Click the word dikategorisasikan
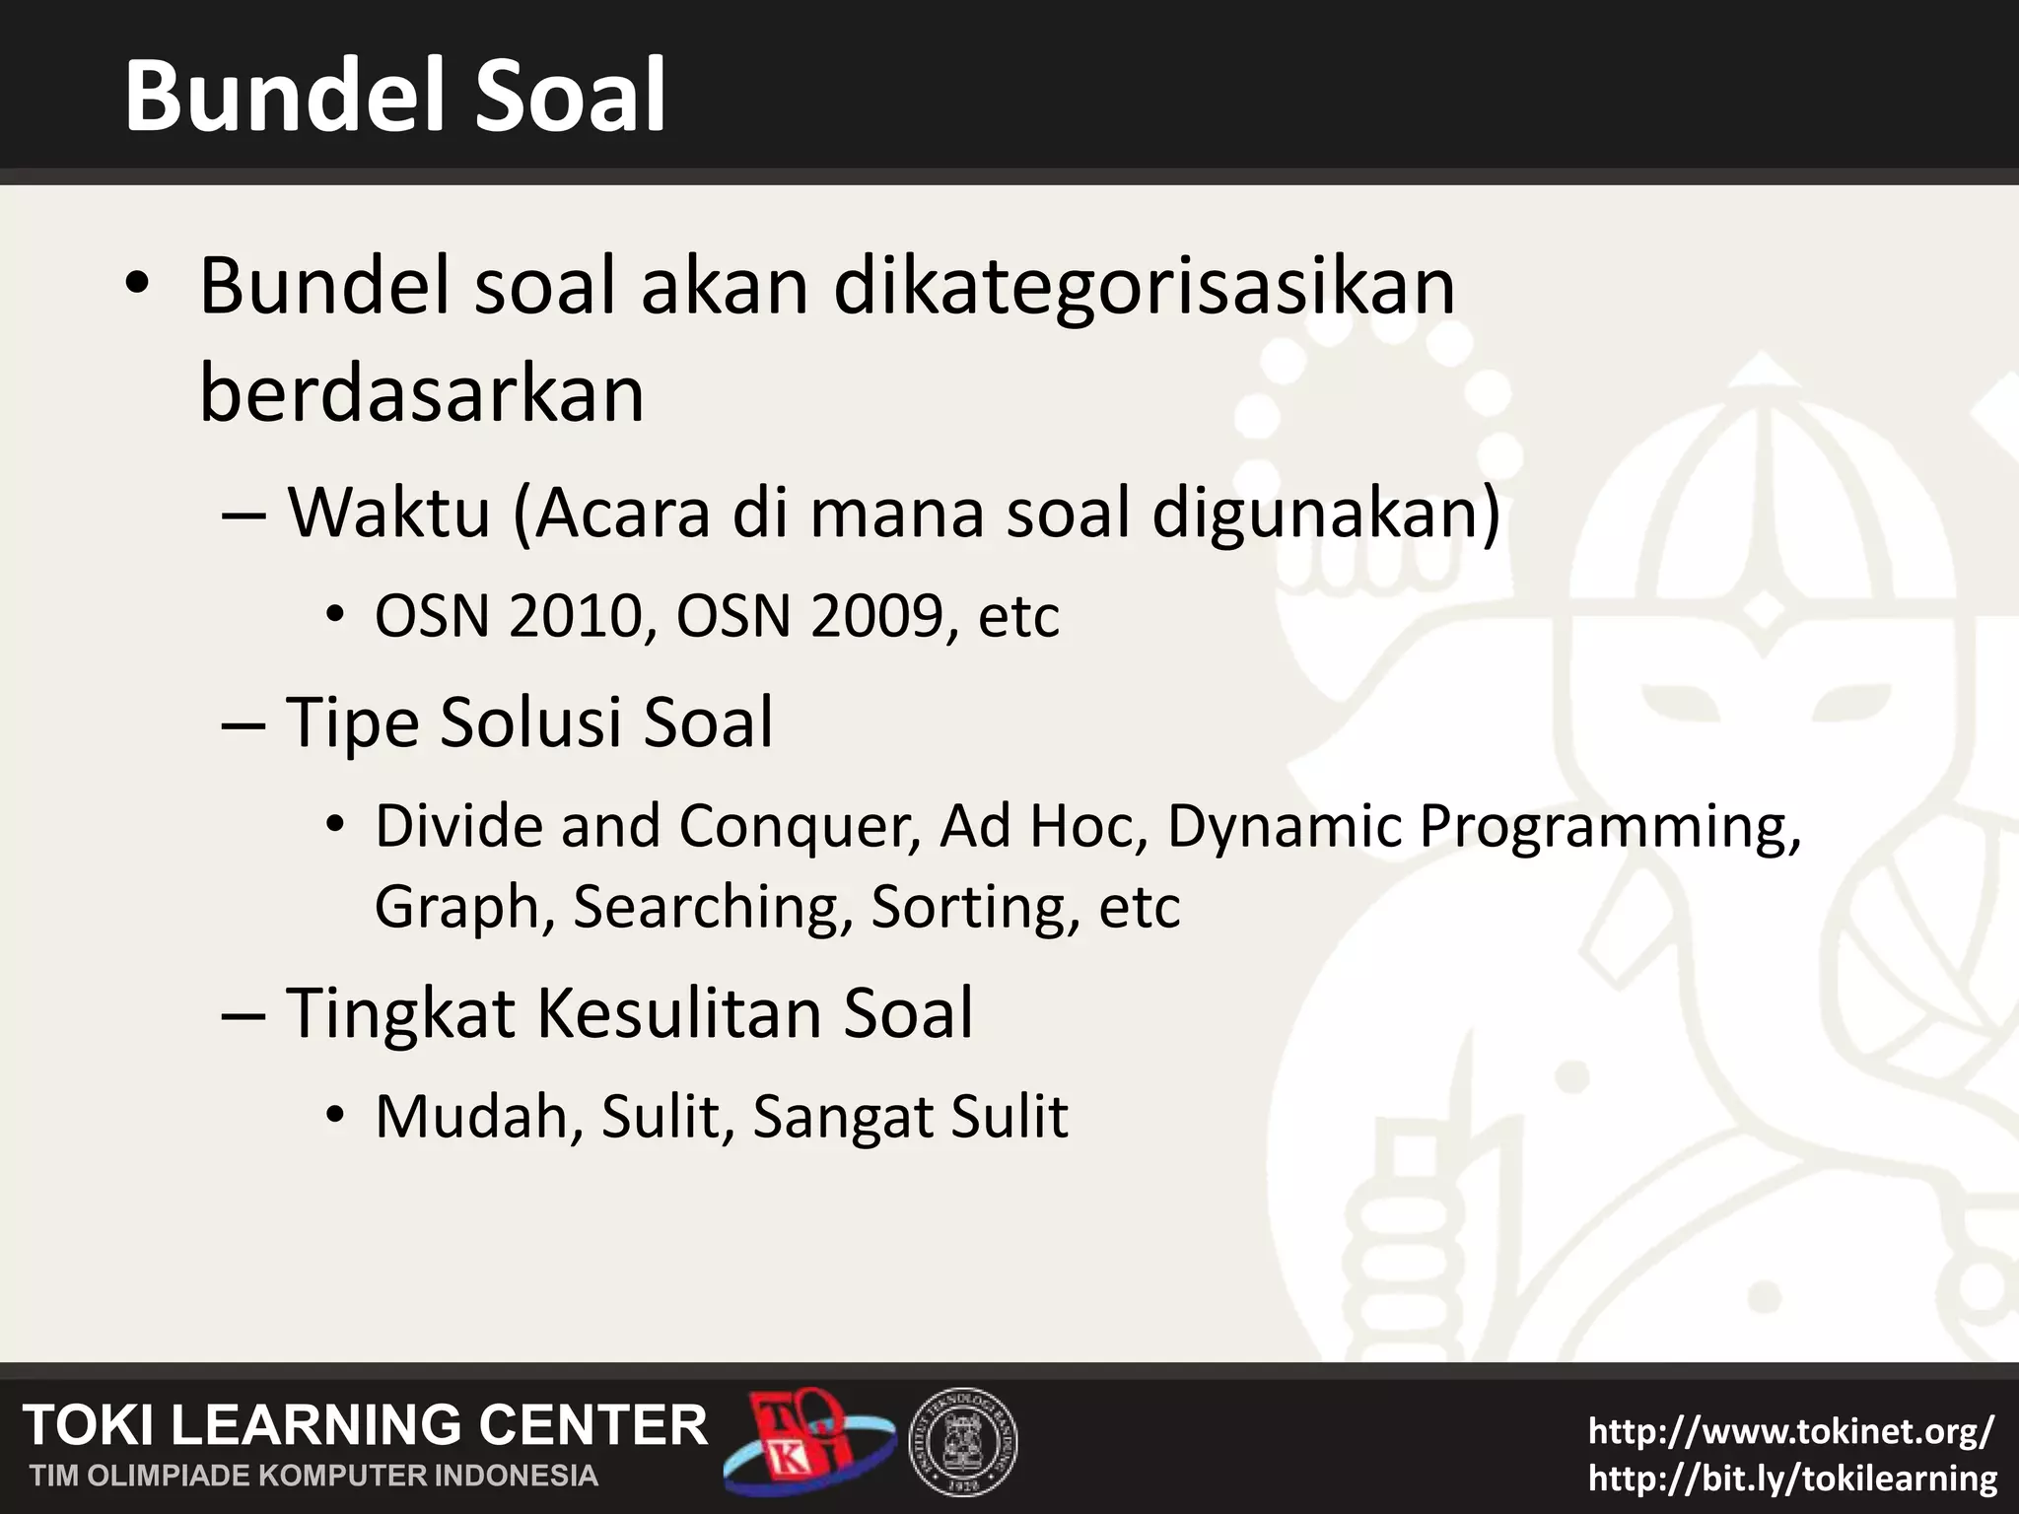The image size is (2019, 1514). coord(1144,288)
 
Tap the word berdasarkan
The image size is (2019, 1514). coord(422,394)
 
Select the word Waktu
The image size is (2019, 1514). coord(388,514)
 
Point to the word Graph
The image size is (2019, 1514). coord(457,908)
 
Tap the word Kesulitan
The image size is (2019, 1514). coord(678,1013)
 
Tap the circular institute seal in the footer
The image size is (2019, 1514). coord(962,1442)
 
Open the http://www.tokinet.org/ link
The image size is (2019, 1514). coord(1790,1430)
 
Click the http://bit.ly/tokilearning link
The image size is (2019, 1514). coord(1792,1478)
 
